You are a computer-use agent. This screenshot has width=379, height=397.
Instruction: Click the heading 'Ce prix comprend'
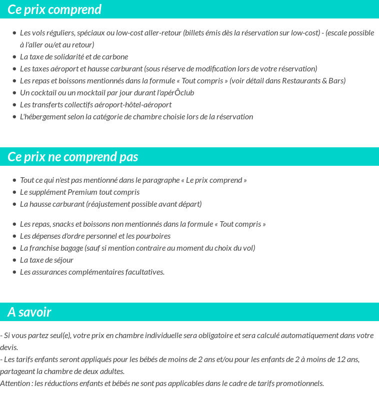tap(54, 9)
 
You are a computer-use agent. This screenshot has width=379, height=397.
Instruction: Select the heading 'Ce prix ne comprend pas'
tap(72, 157)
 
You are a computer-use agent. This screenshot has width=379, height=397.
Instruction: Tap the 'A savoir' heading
tap(29, 312)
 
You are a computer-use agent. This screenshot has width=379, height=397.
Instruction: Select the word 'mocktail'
tap(87, 93)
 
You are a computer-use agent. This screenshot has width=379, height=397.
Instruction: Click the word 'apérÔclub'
tap(175, 93)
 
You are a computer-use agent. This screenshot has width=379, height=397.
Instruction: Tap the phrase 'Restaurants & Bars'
tap(313, 81)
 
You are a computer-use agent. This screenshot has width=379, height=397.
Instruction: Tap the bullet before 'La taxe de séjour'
tap(14, 260)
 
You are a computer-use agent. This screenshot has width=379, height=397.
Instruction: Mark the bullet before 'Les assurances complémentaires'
tap(14, 272)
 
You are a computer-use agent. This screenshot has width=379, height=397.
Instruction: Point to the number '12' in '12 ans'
tap(341, 360)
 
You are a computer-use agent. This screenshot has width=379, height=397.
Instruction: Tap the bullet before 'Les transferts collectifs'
tap(14, 105)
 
